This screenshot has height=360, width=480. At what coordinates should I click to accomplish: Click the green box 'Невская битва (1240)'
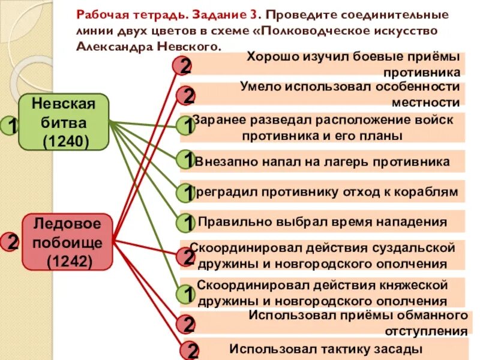click(64, 122)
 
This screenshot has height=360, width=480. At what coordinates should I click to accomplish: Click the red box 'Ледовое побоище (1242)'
click(67, 241)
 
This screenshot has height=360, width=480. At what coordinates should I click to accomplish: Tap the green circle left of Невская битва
click(10, 125)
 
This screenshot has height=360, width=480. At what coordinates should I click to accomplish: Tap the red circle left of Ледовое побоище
click(10, 242)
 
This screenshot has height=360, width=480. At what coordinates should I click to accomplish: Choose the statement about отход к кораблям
click(327, 192)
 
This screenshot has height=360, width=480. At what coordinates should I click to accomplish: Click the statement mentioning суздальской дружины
click(327, 255)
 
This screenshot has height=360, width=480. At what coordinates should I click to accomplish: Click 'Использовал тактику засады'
click(327, 348)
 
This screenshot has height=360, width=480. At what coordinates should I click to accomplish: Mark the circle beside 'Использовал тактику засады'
click(189, 350)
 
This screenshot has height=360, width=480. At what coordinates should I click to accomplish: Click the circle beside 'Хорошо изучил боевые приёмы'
click(183, 65)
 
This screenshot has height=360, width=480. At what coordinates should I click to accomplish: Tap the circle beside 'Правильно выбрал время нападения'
click(187, 223)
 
